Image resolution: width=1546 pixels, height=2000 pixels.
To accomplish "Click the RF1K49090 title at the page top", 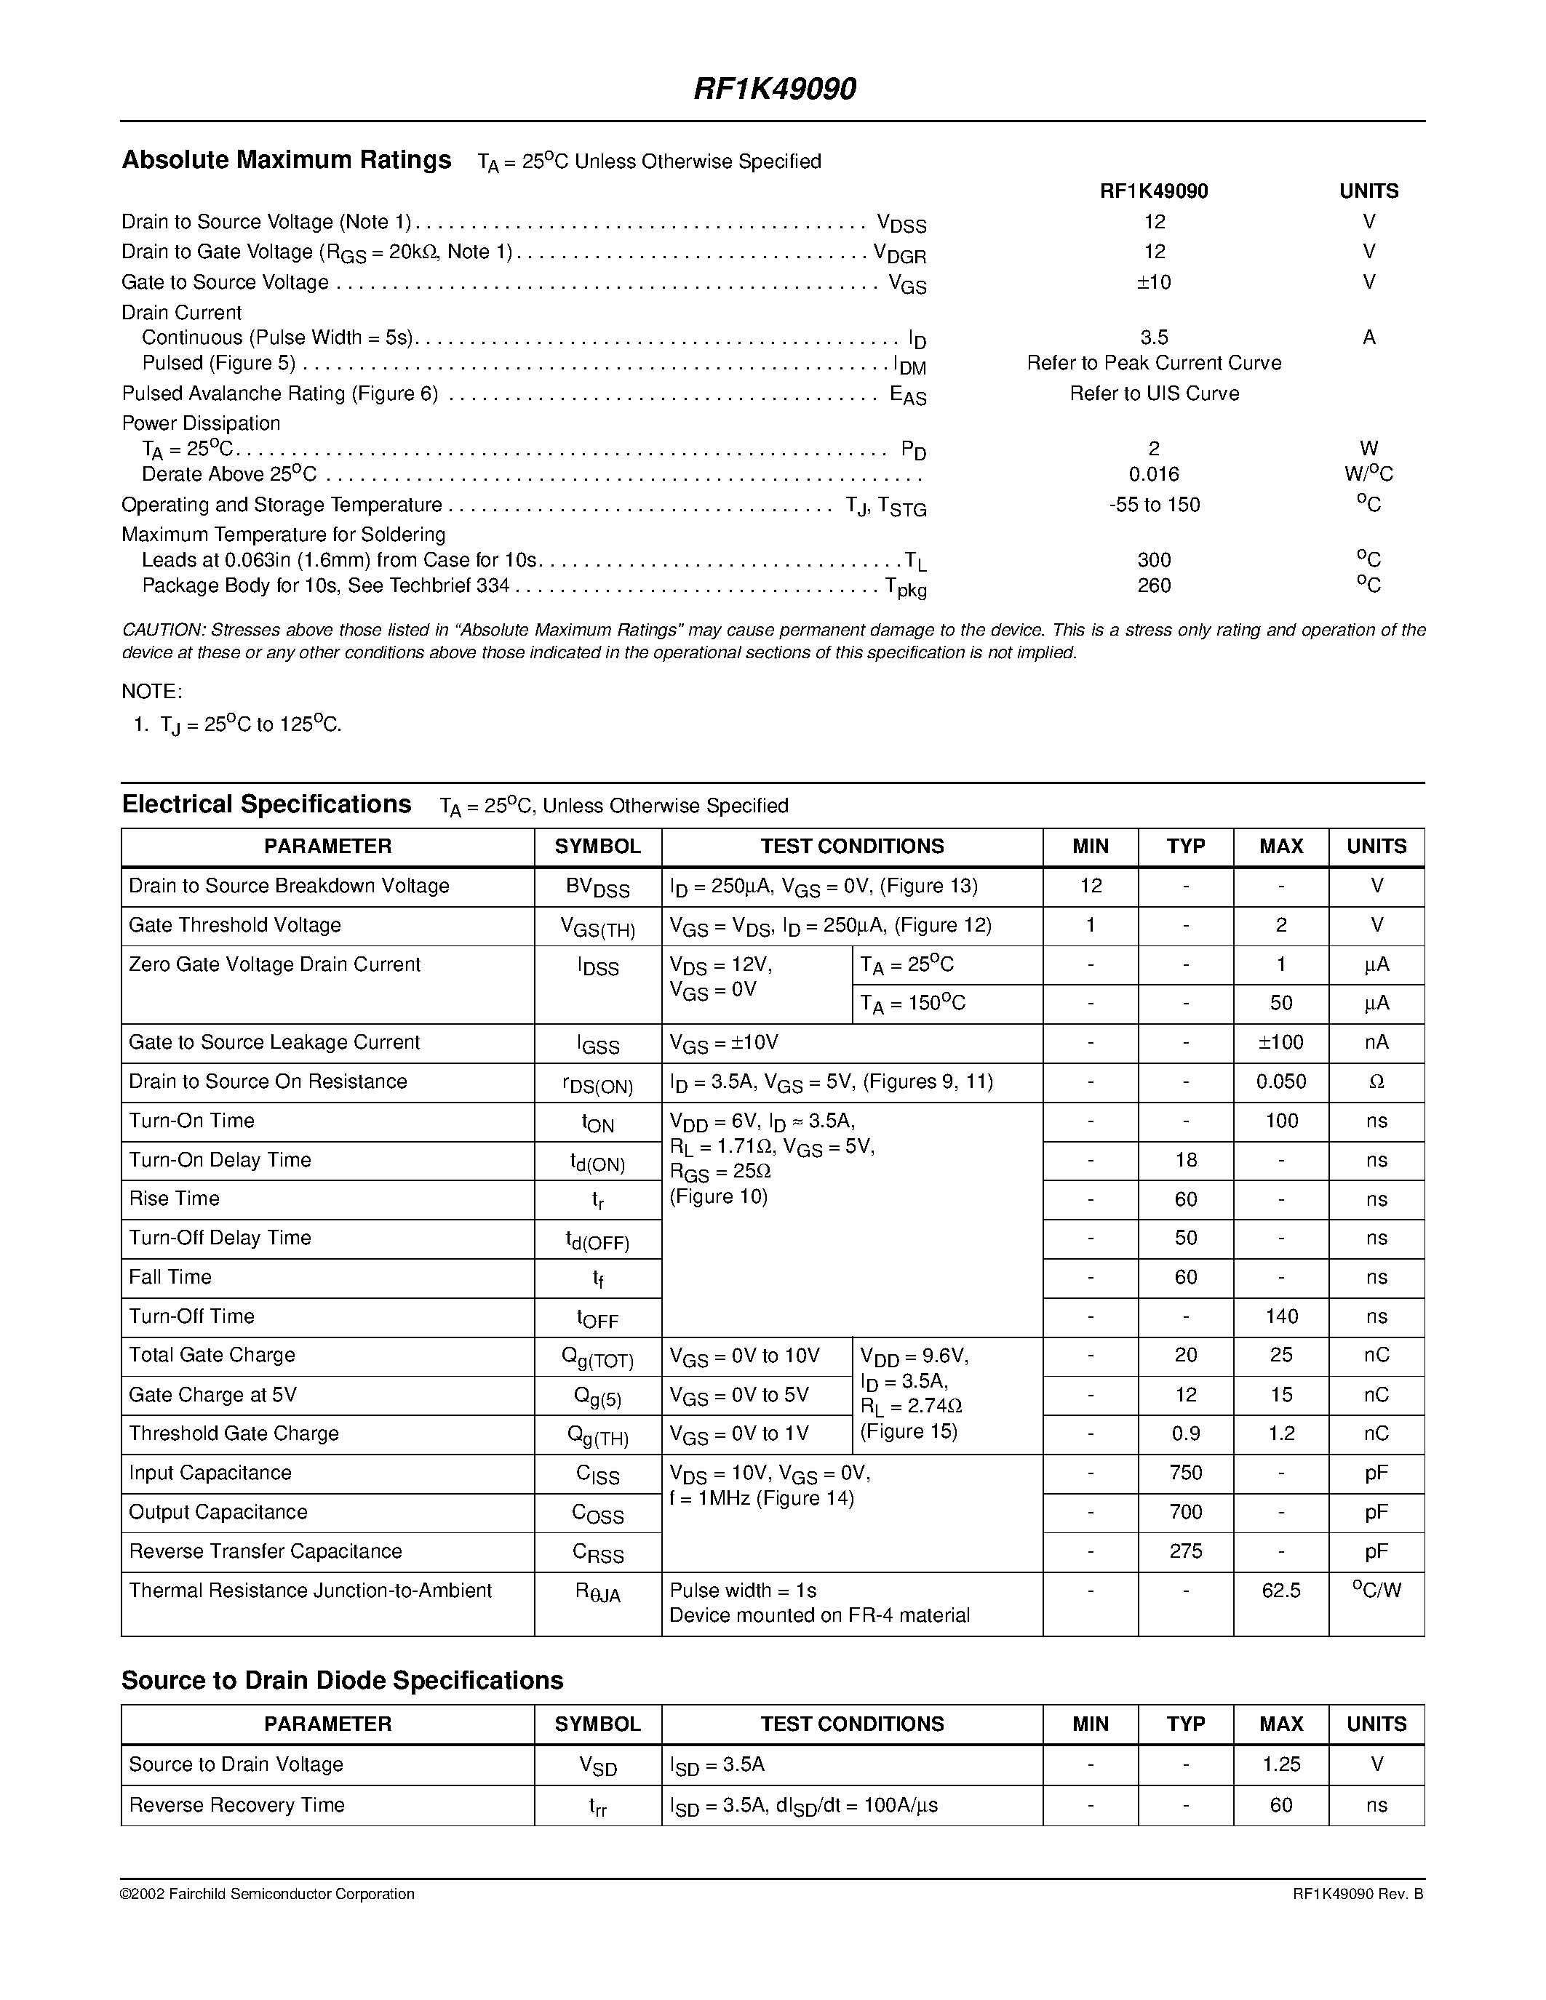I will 774,89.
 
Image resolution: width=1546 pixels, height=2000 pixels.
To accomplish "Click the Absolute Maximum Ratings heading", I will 287,160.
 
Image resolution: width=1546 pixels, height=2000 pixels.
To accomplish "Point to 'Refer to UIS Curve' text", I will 1154,393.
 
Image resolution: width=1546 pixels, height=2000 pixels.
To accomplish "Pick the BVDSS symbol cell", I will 597,887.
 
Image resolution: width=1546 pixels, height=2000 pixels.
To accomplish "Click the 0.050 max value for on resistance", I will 1280,1082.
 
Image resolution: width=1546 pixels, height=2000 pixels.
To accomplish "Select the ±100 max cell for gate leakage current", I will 1280,1043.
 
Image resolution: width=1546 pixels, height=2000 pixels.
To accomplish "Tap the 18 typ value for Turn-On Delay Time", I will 1185,1160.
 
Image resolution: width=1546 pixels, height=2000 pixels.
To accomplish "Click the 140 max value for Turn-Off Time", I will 1280,1317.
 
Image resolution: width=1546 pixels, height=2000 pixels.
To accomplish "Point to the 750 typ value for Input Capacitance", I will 1185,1473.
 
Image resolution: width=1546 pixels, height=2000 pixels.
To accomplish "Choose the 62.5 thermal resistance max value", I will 1280,1591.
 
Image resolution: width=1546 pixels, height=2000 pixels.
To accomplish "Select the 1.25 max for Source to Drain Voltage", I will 1280,1764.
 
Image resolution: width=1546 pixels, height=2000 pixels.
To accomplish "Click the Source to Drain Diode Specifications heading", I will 342,1681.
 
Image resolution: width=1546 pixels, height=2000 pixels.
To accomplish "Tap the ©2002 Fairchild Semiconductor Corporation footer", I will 268,1894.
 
